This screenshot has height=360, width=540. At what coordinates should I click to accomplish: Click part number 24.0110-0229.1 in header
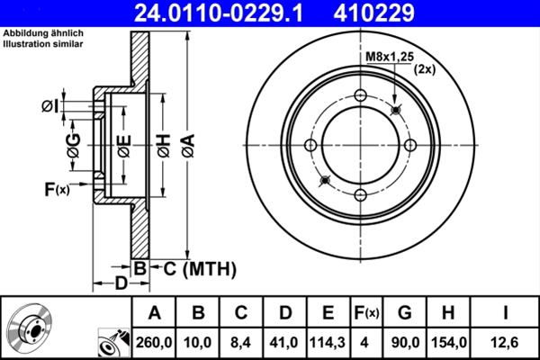[x=229, y=13]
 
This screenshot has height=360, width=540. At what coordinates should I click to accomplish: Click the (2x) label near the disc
[x=425, y=69]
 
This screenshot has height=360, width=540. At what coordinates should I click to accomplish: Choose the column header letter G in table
[x=404, y=313]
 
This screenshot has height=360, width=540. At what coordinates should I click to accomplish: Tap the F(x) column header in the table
[x=366, y=313]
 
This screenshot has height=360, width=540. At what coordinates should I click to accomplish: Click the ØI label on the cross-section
[x=50, y=107]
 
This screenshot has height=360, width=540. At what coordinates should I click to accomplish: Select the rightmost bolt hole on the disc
[x=409, y=146]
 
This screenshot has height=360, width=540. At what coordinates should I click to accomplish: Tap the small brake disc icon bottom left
[x=29, y=329]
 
